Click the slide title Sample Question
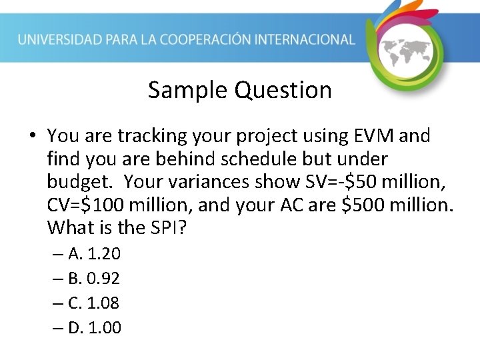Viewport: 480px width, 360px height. coord(239,89)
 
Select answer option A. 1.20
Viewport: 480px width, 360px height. coord(94,254)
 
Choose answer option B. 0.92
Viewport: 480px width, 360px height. coord(94,279)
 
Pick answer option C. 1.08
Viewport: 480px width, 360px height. coord(94,303)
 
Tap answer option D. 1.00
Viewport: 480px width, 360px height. coord(94,328)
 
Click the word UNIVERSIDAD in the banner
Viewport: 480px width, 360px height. coord(59,39)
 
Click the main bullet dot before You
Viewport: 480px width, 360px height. coord(32,137)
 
